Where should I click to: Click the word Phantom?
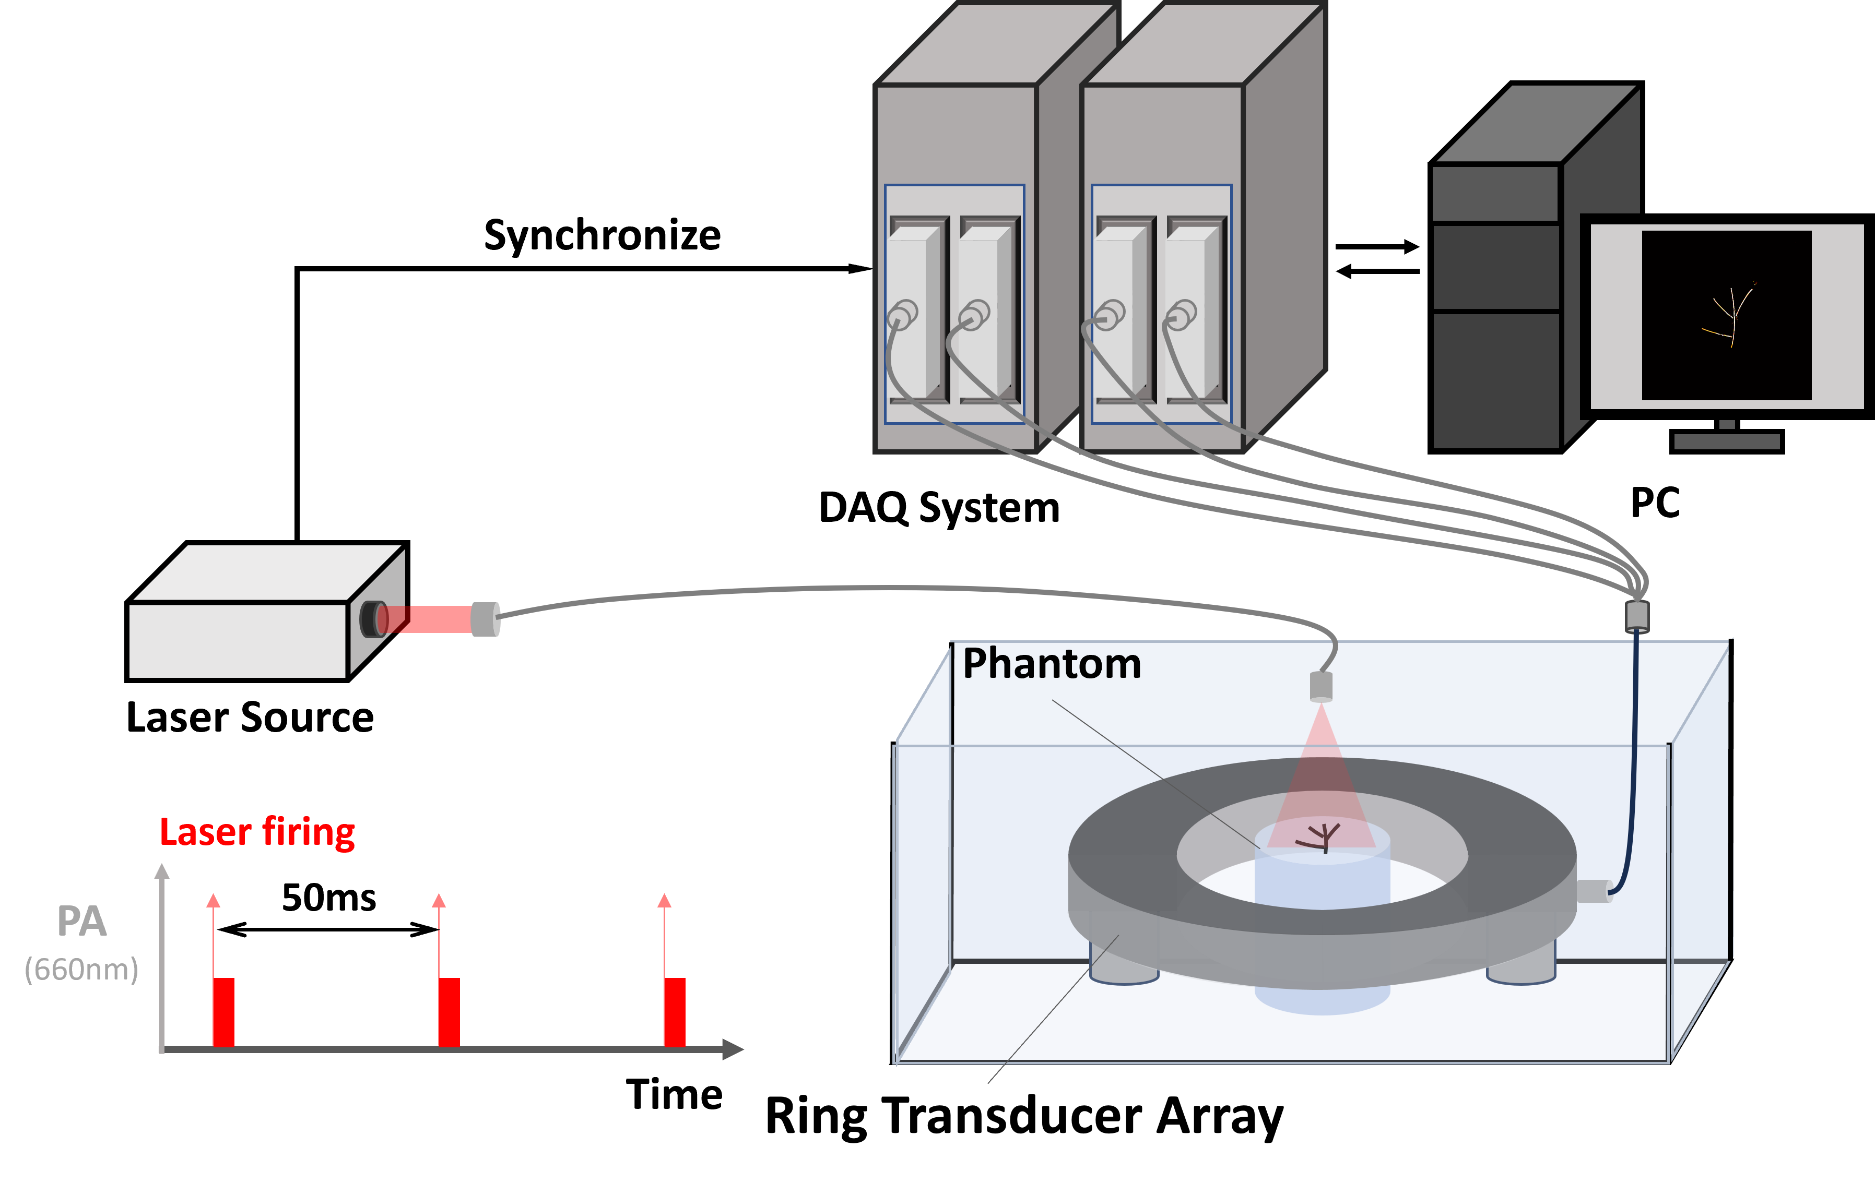coord(1051,664)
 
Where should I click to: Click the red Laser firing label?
coord(257,832)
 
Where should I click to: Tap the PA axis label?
coord(82,922)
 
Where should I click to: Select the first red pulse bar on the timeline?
coord(223,1012)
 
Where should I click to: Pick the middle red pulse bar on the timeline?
coord(449,1012)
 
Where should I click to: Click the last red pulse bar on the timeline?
coord(674,1012)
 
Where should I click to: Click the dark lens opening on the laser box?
coord(371,619)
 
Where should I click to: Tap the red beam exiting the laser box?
coord(436,619)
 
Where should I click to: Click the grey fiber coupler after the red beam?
coord(485,619)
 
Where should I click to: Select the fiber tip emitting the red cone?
coord(1322,686)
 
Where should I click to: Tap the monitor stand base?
coord(1727,441)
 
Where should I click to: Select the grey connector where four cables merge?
coord(1637,616)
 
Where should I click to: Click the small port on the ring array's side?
coord(1593,891)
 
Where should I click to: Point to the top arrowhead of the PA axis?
coord(162,870)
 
